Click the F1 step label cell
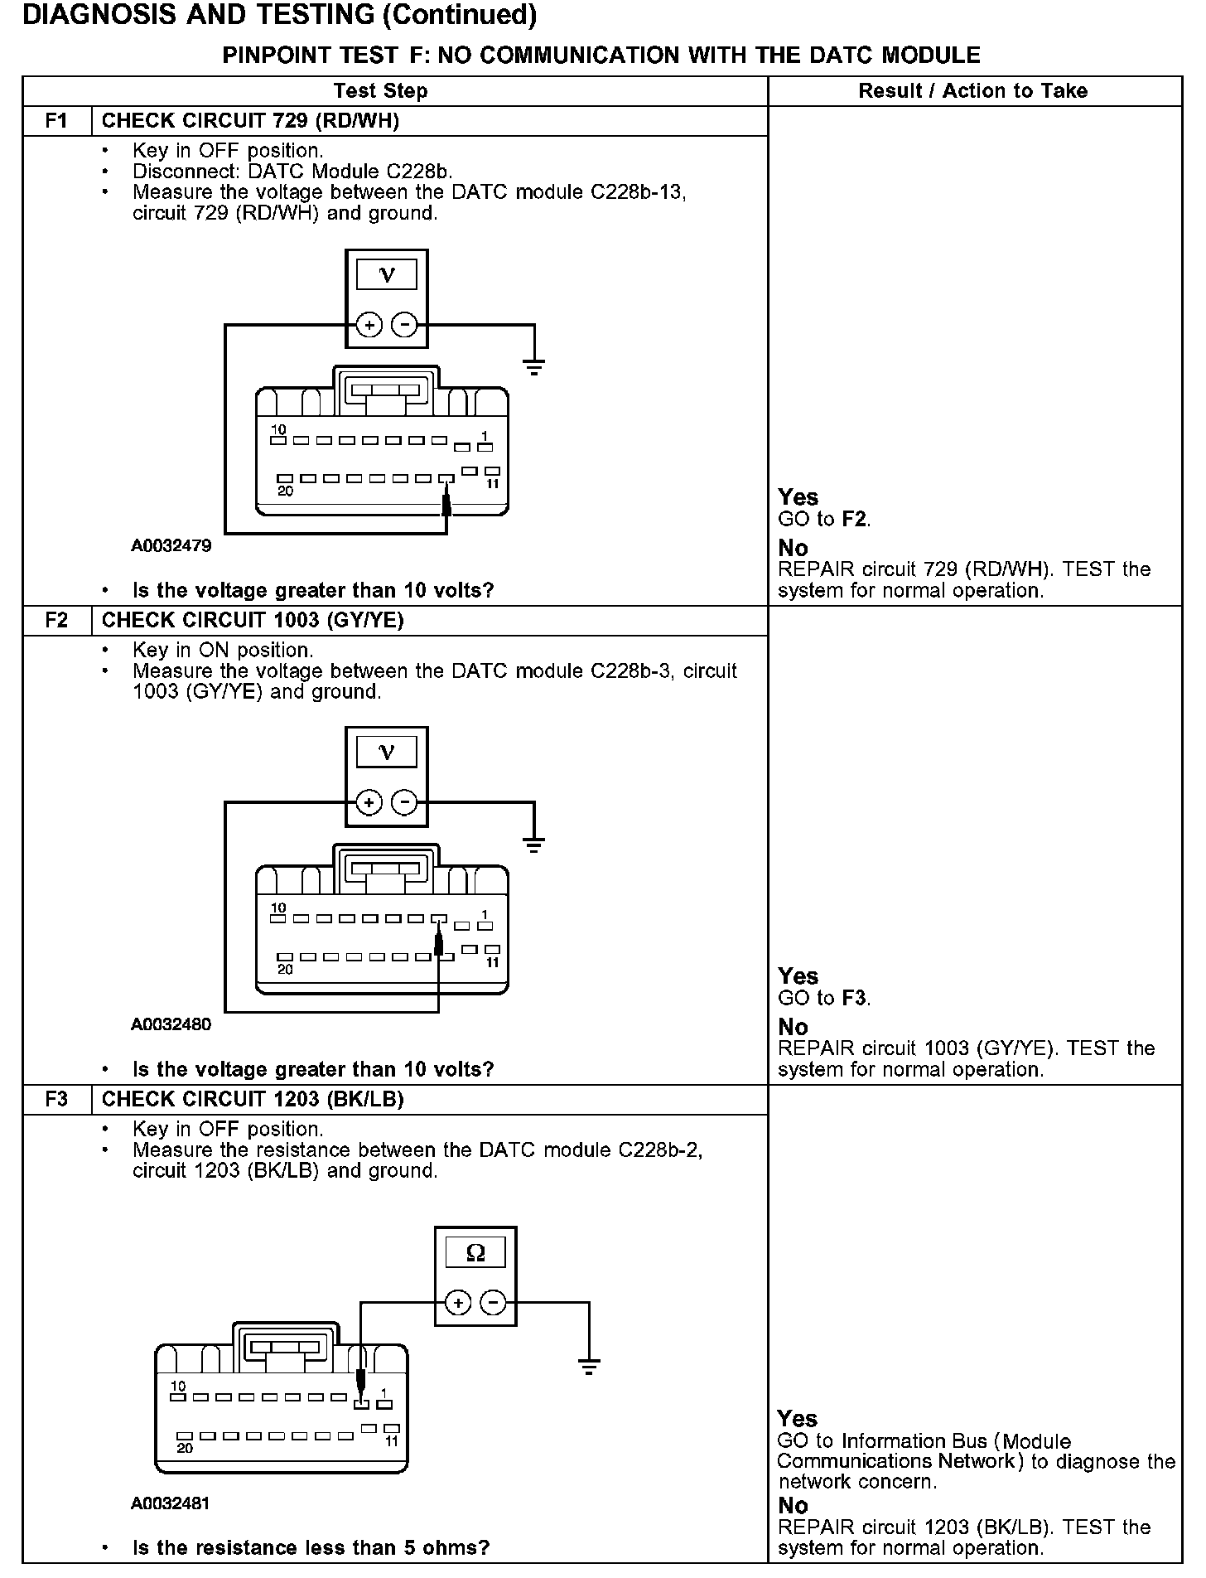(56, 121)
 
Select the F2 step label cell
(56, 621)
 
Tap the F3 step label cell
(56, 1100)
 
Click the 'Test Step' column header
(380, 91)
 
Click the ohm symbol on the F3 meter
(475, 1253)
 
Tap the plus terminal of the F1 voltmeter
(369, 325)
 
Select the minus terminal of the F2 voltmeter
(404, 802)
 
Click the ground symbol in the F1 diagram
(534, 367)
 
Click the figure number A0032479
(171, 546)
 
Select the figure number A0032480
(171, 1024)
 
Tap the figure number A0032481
(171, 1503)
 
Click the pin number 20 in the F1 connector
(285, 491)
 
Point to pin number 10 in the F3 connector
(178, 1386)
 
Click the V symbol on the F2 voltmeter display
(387, 752)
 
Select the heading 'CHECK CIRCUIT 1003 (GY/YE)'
(253, 621)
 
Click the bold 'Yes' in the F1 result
(798, 497)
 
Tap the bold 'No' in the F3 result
(793, 1505)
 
